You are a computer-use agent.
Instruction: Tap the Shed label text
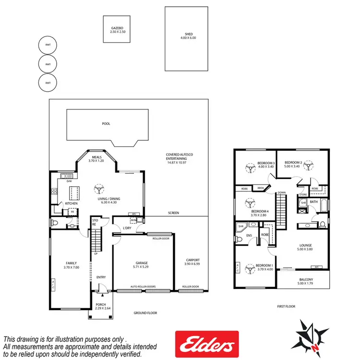point(189,35)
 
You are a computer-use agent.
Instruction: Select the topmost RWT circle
point(48,46)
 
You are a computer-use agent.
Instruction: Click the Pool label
point(106,124)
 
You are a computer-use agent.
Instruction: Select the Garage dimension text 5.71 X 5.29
point(141,266)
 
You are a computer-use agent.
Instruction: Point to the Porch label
point(101,304)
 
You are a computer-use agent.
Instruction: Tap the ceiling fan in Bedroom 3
point(250,168)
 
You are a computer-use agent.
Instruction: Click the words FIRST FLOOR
point(286,306)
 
